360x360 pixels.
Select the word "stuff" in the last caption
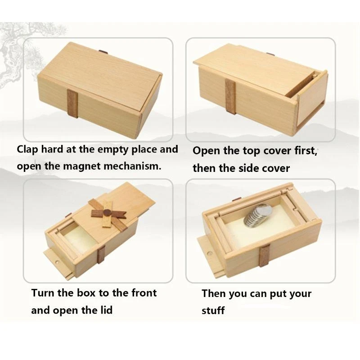[x=213, y=310]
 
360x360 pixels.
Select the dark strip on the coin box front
[x=264, y=256]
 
